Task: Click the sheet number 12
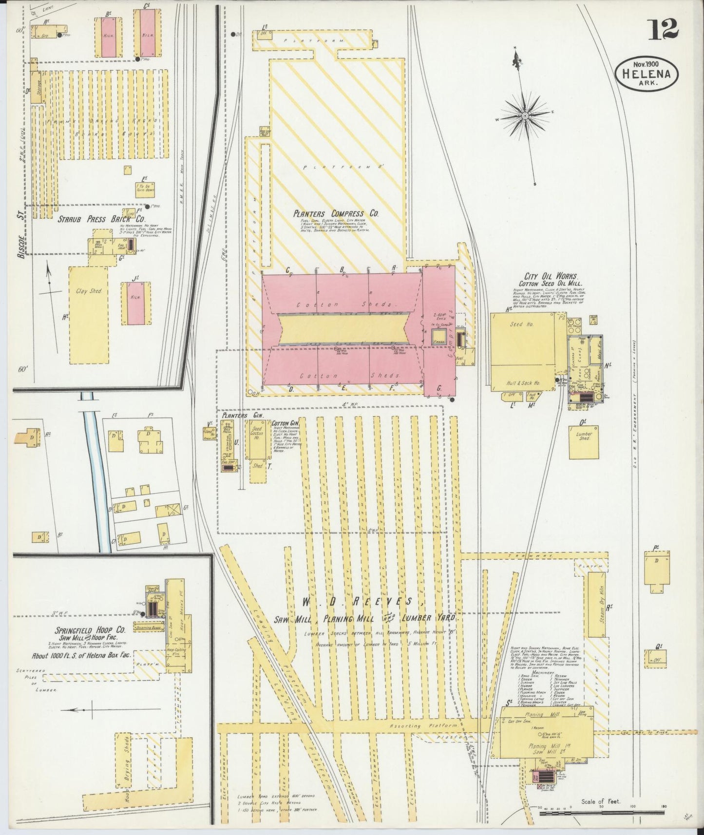pos(663,31)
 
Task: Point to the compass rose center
pos(525,115)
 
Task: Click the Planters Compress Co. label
pos(336,213)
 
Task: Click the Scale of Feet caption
pos(600,801)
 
